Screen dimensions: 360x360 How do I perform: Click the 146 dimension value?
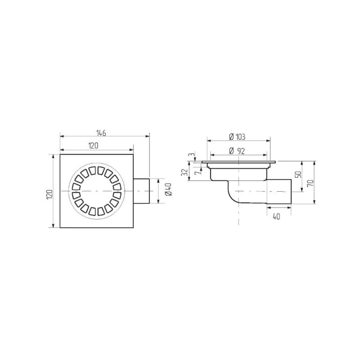(x=101, y=133)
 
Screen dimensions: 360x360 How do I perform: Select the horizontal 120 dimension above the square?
(x=93, y=145)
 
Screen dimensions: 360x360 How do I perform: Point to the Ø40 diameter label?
(x=168, y=189)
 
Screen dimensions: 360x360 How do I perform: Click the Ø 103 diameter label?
(x=237, y=137)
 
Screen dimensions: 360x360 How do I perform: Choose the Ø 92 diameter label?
(x=237, y=151)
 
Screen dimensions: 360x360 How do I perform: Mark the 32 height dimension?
(x=184, y=172)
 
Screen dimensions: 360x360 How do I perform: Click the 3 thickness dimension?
(x=190, y=154)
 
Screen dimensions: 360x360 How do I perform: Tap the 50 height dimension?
(x=298, y=175)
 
